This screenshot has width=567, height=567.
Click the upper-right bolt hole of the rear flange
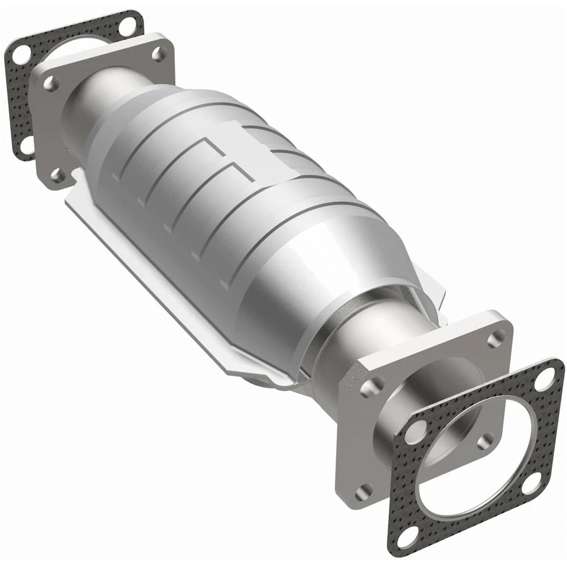click(x=158, y=53)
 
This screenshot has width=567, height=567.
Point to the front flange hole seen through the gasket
click(x=485, y=441)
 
